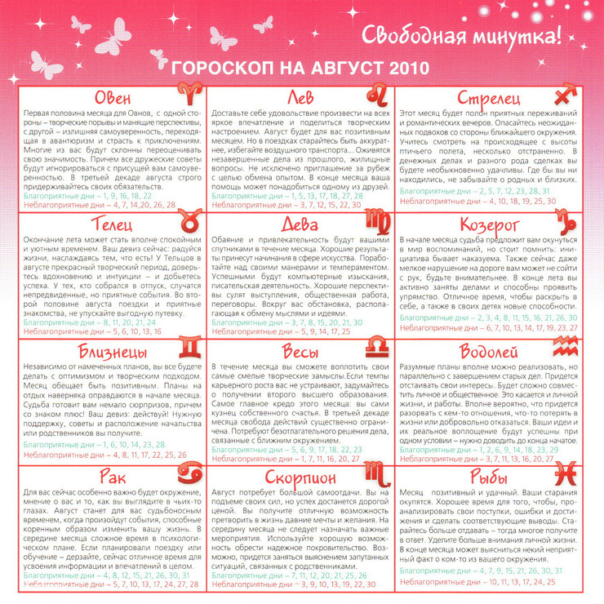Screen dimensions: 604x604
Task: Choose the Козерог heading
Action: (490, 224)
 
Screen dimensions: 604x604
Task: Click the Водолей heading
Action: (490, 353)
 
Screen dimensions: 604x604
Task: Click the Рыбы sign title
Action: (490, 477)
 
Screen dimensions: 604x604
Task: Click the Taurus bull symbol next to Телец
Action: (186, 221)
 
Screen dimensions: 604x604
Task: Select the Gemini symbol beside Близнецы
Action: (188, 350)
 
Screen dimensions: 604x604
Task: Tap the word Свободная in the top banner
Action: (406, 37)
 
